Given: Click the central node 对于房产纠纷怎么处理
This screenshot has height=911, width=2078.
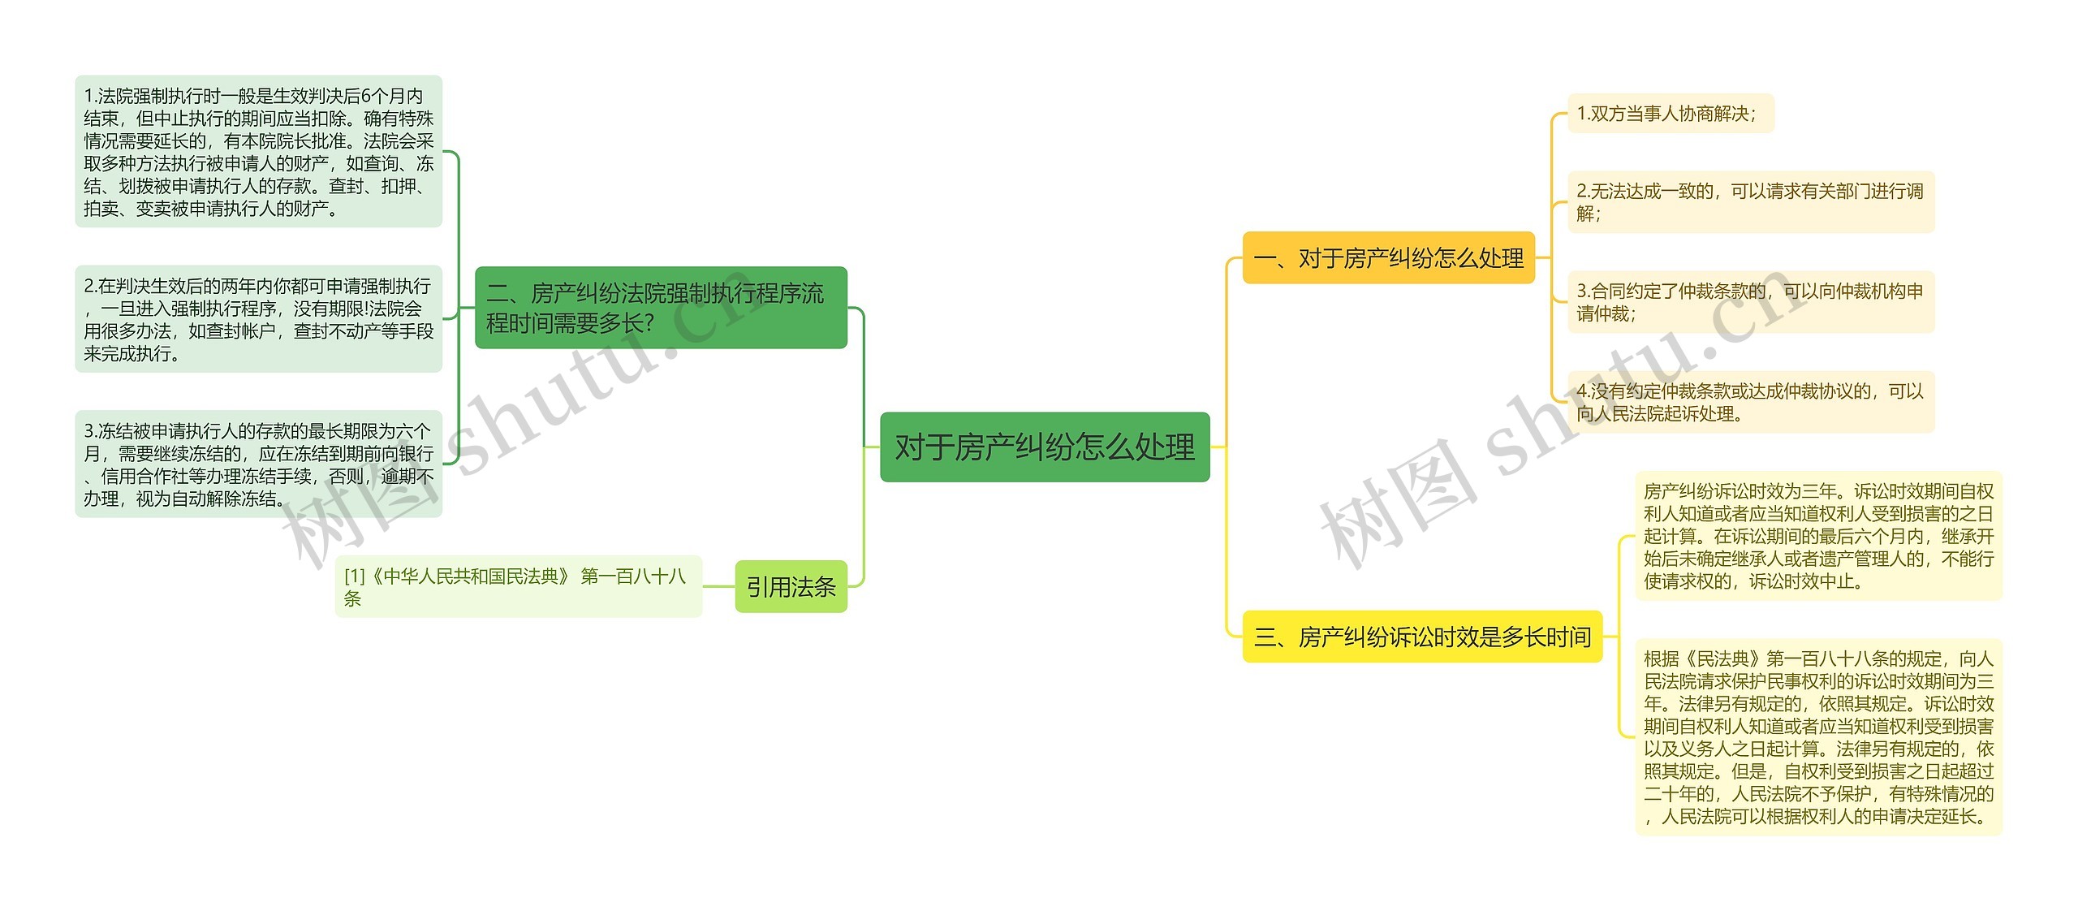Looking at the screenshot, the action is (1045, 447).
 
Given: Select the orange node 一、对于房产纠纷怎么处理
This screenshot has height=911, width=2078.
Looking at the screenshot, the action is (1388, 258).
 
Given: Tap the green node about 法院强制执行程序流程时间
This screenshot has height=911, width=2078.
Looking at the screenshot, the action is (660, 308).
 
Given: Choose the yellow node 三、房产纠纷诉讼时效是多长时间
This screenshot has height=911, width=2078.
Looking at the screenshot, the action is (1422, 637).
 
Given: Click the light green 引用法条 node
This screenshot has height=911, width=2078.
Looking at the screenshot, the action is (791, 586).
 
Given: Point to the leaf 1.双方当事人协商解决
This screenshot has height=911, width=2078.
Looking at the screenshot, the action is (1669, 114).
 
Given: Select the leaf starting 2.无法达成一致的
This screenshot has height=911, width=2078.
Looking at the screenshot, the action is (1750, 202).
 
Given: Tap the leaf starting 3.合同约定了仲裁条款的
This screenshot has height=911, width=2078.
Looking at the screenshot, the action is (1750, 302).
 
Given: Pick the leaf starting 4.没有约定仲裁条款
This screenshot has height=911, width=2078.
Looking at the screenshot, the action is (1750, 402).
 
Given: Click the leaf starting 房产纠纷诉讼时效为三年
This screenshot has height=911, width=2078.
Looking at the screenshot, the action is (1818, 536).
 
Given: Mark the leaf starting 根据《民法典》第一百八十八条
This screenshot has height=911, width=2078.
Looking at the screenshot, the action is (1818, 736).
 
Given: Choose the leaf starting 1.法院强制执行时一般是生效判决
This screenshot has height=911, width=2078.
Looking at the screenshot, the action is (258, 152).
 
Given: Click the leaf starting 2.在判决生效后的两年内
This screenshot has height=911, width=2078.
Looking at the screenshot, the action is (258, 319).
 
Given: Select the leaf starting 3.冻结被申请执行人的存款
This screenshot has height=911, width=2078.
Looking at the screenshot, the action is (258, 464).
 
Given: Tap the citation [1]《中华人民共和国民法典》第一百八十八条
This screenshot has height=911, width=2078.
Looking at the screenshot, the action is (518, 586).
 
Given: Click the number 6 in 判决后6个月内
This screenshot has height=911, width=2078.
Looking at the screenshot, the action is (365, 97).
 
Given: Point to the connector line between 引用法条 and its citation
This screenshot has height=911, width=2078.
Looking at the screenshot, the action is (718, 586).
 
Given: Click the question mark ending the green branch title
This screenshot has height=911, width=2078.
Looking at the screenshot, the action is (648, 323).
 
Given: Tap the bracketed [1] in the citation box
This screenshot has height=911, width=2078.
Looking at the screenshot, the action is (355, 576).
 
